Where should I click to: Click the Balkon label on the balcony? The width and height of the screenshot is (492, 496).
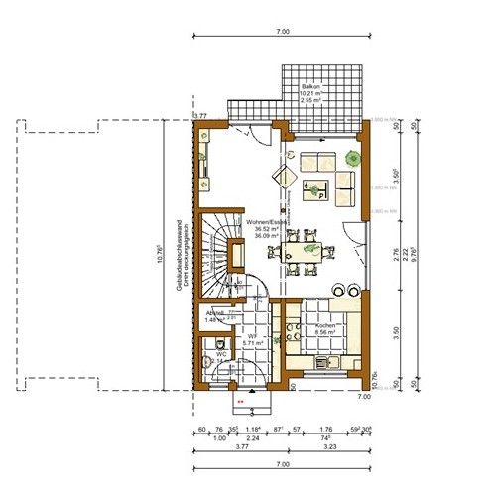pos(310,87)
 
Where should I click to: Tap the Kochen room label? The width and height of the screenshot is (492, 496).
pos(328,326)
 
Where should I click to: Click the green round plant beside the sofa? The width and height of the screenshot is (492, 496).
pos(353,158)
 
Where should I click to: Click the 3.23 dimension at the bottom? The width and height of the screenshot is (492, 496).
pos(325,447)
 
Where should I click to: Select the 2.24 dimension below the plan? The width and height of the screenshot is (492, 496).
pos(254,436)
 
